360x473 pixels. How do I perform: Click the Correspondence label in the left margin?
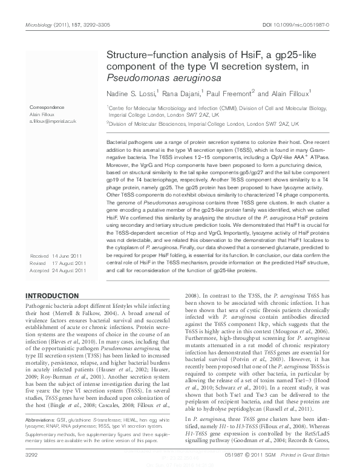(48, 107)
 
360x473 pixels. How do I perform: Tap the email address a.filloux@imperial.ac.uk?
(53, 122)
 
